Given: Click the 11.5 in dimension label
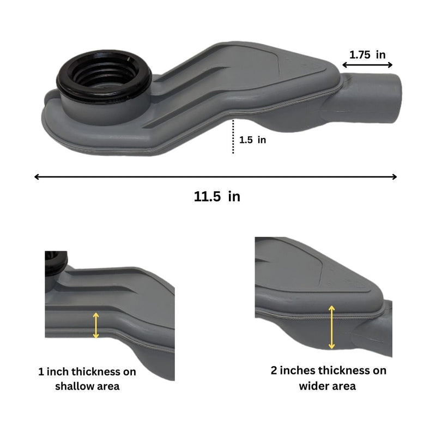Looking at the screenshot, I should point(217,197).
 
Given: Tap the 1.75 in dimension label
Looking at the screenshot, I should point(367,55).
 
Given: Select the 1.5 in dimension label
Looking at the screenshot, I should point(253,140).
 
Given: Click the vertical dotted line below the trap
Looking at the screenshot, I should point(233,136).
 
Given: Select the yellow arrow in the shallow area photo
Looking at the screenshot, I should point(96,325).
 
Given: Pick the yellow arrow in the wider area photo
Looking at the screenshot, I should point(331,327).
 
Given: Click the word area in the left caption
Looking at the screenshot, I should point(106,386).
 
